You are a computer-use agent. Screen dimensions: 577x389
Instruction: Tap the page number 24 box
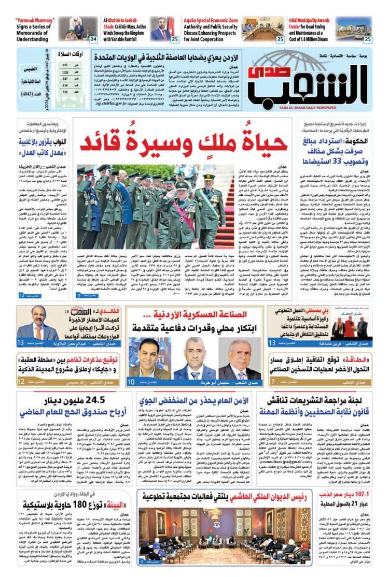click(93, 39)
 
